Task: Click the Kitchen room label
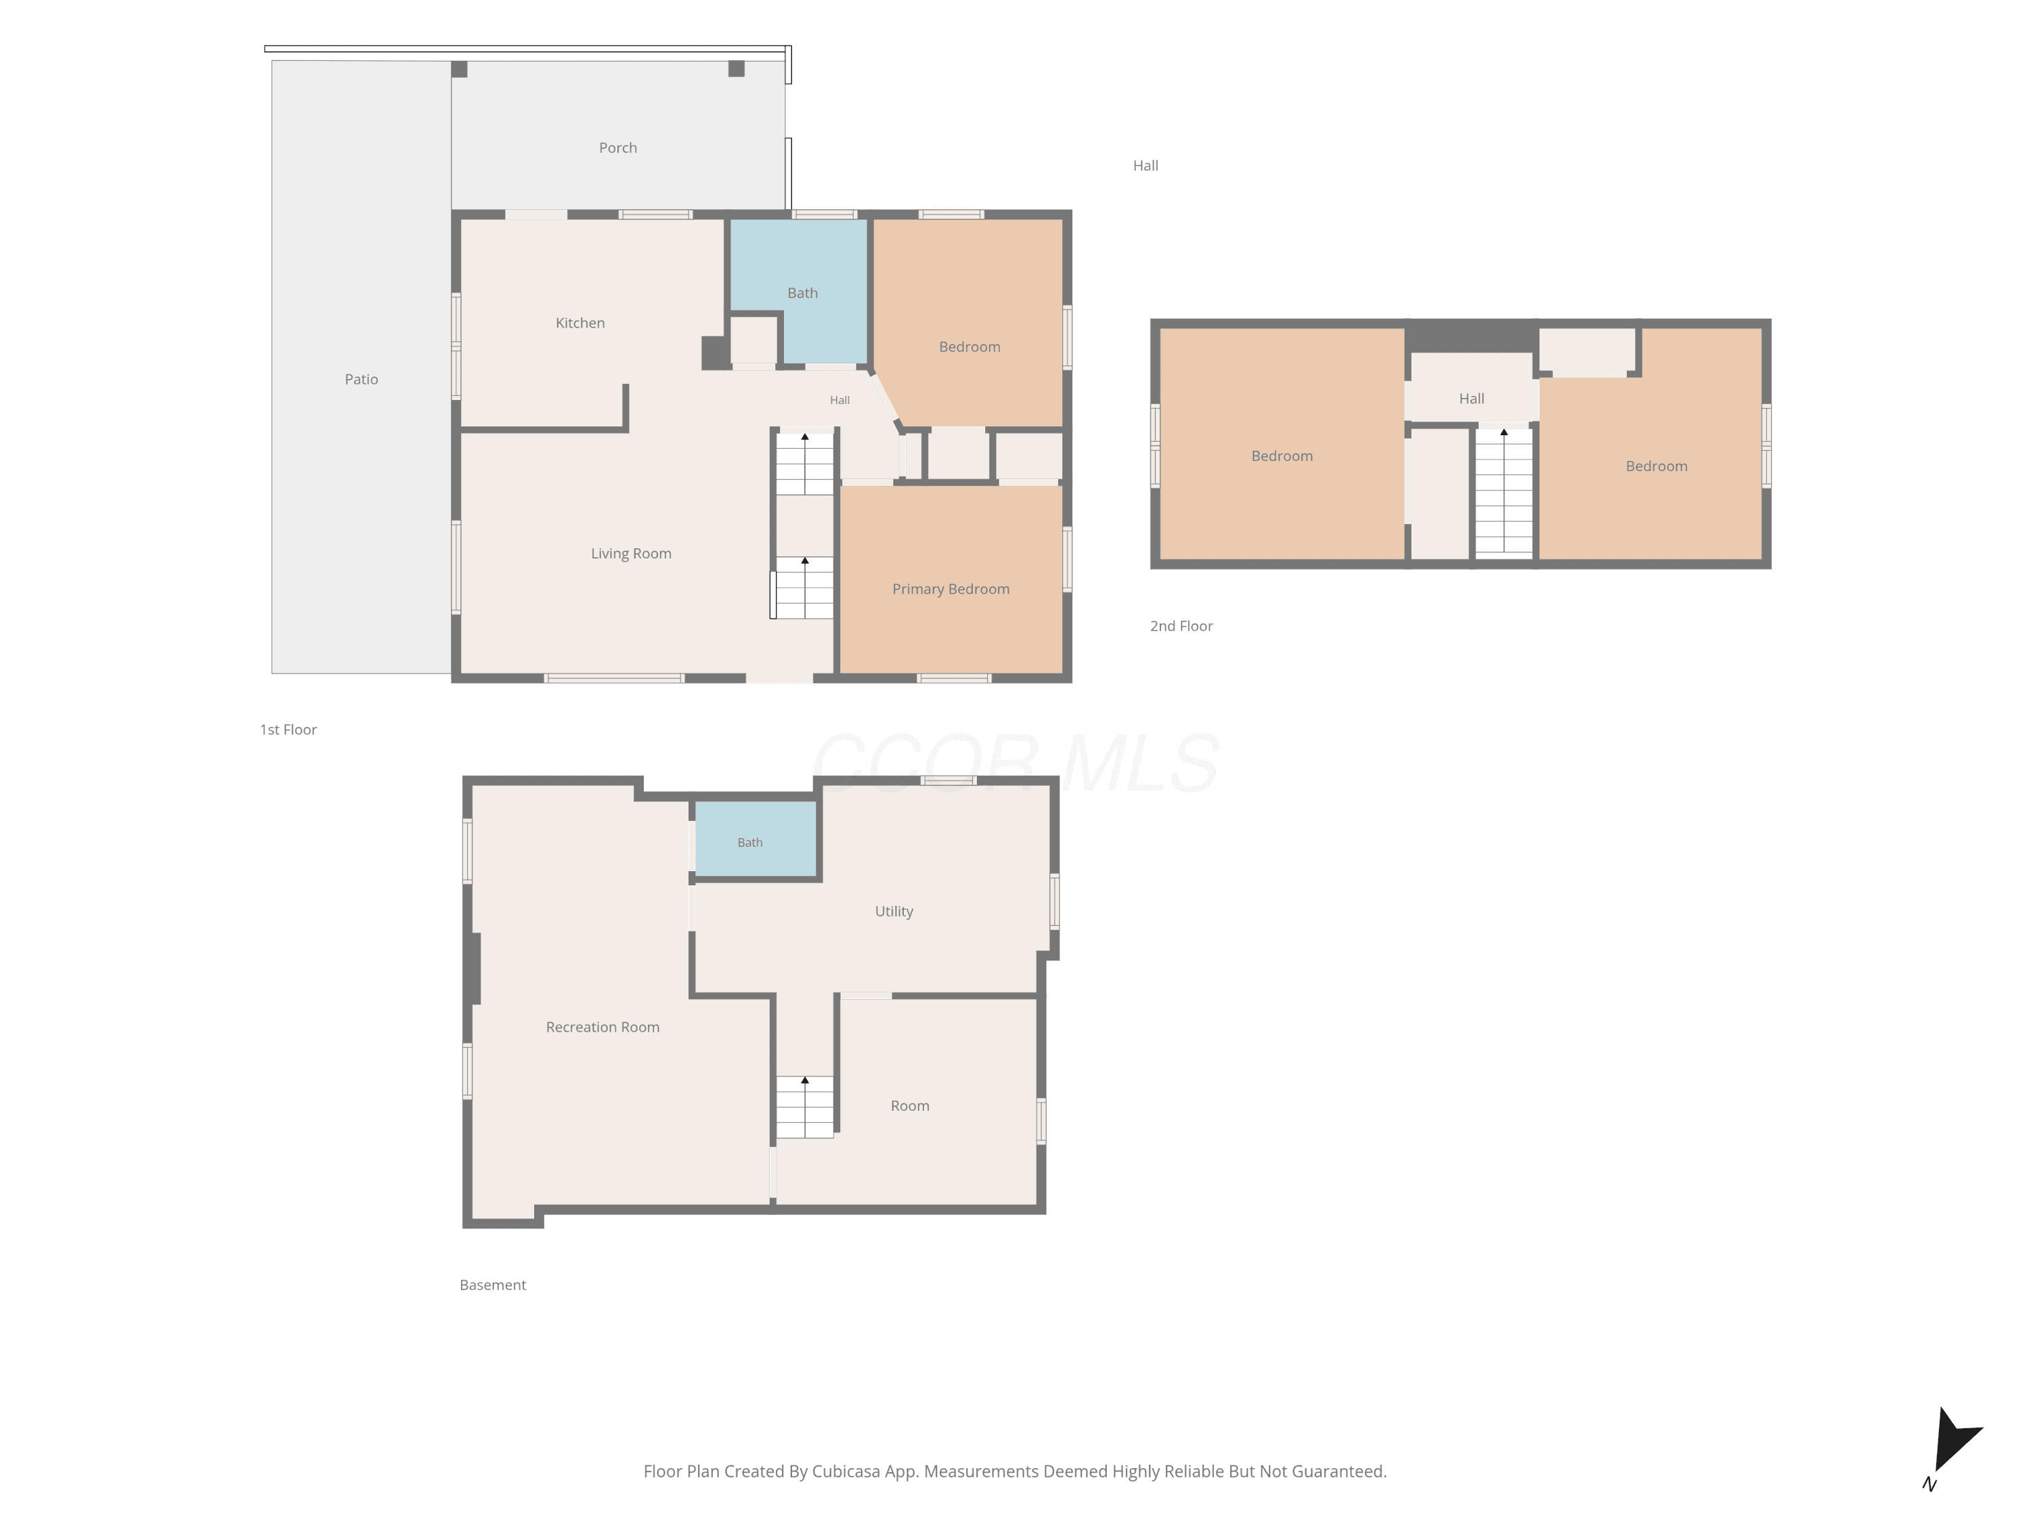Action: click(580, 323)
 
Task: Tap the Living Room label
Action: click(631, 554)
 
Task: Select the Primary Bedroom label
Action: click(951, 590)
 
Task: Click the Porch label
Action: click(618, 148)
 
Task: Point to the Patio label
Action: click(361, 379)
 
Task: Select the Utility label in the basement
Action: click(894, 912)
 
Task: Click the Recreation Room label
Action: click(603, 1028)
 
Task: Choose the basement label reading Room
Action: click(910, 1106)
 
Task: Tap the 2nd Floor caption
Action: click(1181, 626)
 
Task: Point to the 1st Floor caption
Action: click(288, 730)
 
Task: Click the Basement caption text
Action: click(492, 1285)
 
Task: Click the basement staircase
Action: click(804, 1107)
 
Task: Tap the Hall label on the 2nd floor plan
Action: click(1471, 399)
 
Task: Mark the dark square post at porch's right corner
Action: click(737, 69)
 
